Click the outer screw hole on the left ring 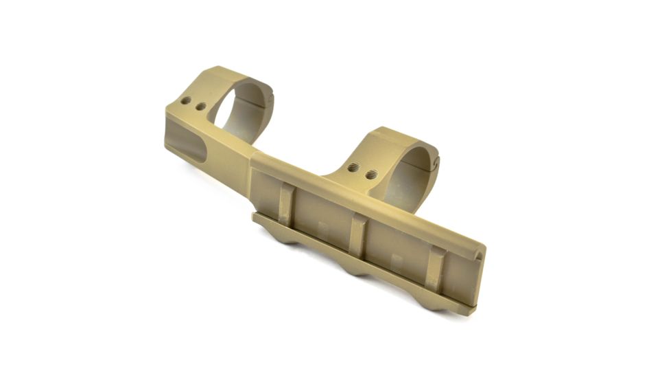tap(185, 100)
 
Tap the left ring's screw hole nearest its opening tap(200, 107)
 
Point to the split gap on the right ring tap(434, 162)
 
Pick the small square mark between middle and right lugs tap(396, 259)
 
